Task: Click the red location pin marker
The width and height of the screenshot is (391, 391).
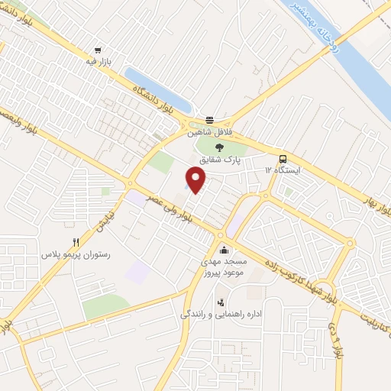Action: coord(196,181)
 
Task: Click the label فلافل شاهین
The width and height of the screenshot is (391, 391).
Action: coord(209,131)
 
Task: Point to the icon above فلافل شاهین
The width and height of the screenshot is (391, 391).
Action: coord(209,119)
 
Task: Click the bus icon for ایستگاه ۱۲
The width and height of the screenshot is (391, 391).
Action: coord(283,159)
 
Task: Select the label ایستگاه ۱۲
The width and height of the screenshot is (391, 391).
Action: coord(283,170)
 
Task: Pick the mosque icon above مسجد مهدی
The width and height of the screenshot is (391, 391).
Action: coord(223,250)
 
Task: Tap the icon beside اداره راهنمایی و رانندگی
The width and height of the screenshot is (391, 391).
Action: coord(221,302)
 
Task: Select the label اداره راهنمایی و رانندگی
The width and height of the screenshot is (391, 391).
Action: coord(221,314)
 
